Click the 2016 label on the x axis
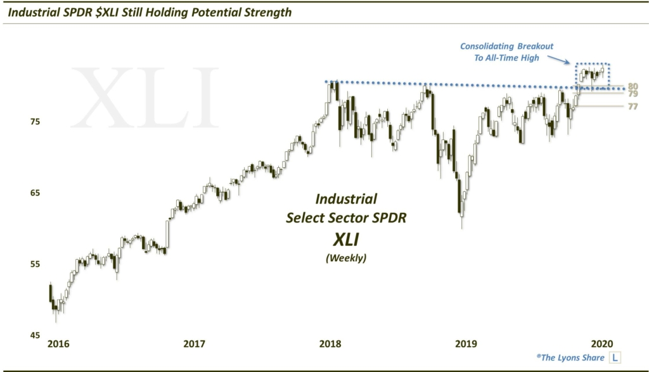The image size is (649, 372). pos(58,343)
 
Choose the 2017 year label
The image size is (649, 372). pos(194,343)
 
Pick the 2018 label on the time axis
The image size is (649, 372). pos(330,343)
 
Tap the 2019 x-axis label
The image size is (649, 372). pos(466,343)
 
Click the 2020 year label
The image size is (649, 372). pos(601,343)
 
